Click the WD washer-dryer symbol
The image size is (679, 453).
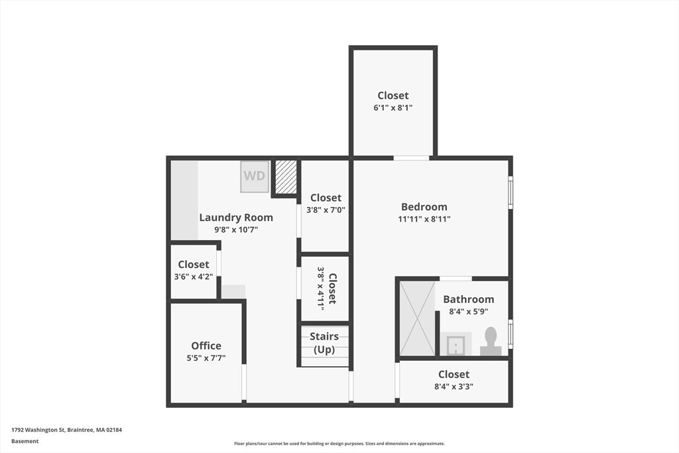(x=255, y=176)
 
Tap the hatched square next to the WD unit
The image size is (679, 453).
(x=286, y=177)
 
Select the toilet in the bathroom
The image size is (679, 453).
(x=491, y=342)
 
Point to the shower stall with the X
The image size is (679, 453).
(x=417, y=318)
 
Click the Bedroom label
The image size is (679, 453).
(x=424, y=207)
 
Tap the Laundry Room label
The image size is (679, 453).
(x=236, y=218)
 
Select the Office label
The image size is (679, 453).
(x=206, y=346)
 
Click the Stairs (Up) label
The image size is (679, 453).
(x=324, y=342)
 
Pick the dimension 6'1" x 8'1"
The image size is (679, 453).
(x=393, y=107)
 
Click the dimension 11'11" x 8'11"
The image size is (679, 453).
(x=424, y=219)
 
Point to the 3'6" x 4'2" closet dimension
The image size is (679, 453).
(x=194, y=277)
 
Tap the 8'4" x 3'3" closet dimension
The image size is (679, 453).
(x=454, y=386)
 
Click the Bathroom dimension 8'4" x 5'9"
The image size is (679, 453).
(x=469, y=311)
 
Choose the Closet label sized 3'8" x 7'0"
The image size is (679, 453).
(x=326, y=198)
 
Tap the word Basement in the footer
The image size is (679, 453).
(x=25, y=441)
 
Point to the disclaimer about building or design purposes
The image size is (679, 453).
(x=339, y=444)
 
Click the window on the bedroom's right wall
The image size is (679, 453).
(x=511, y=192)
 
